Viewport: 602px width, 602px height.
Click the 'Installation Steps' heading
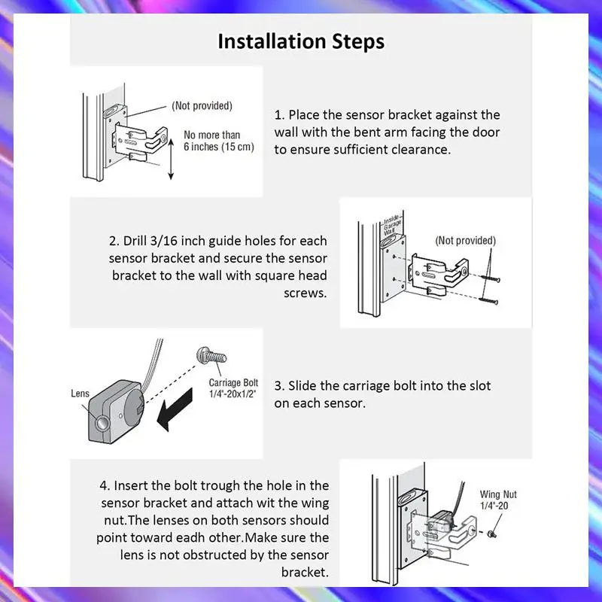pos(301,41)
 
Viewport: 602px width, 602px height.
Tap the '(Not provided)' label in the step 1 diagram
pos(202,106)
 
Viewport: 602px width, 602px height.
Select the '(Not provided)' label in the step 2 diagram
pos(465,241)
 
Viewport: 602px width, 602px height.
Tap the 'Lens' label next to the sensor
pos(81,393)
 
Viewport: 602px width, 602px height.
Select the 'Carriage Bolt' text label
pos(233,383)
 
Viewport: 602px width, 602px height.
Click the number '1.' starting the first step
pos(279,115)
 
